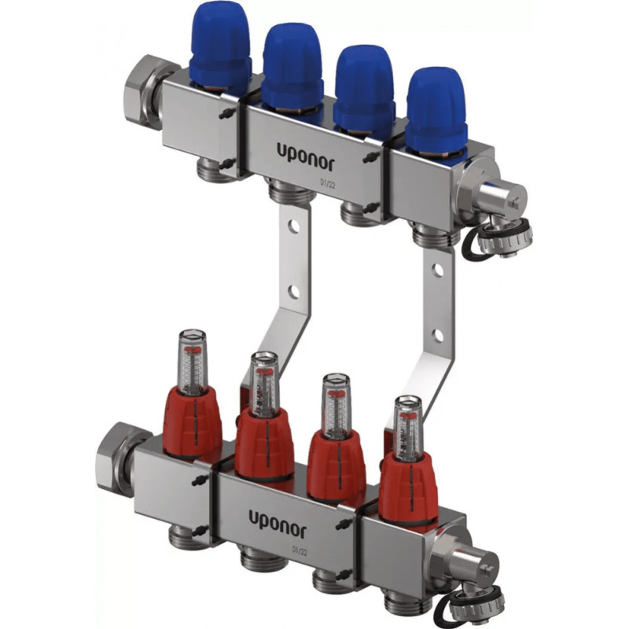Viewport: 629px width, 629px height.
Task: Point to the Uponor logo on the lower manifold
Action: pyautogui.click(x=278, y=520)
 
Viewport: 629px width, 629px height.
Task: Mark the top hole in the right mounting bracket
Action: pyautogui.click(x=438, y=270)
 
